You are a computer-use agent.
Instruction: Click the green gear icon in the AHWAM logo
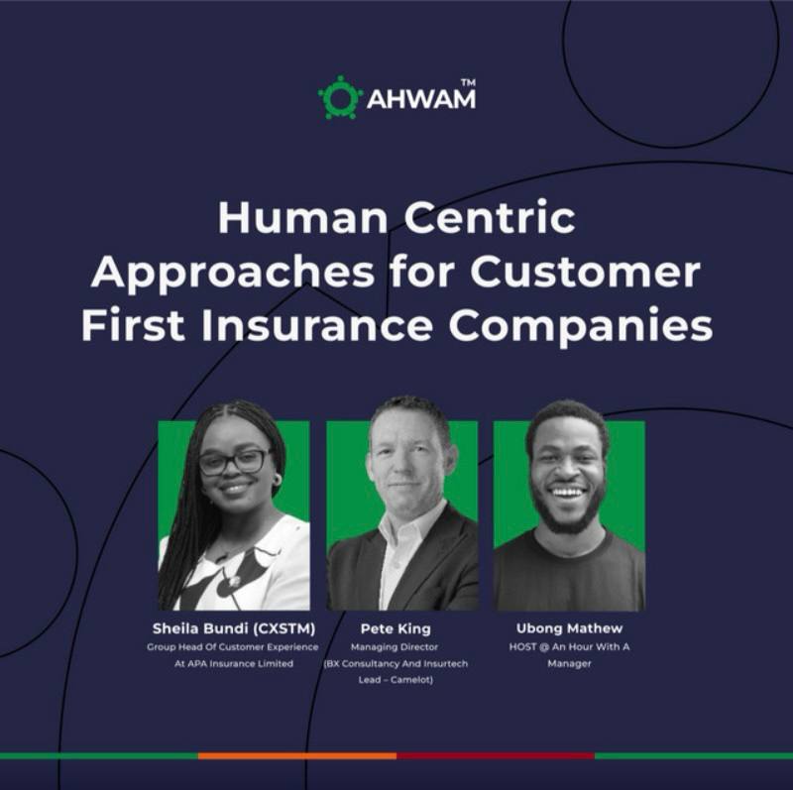(x=340, y=97)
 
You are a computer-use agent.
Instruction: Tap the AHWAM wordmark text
(x=420, y=99)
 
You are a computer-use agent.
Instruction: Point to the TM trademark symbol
(x=468, y=82)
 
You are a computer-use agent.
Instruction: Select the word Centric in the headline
(x=490, y=218)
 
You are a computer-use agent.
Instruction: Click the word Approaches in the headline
(x=233, y=275)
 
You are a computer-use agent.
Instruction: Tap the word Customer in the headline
(x=585, y=273)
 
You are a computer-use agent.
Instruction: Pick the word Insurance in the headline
(x=316, y=326)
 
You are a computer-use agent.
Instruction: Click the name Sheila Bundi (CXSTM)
(x=234, y=628)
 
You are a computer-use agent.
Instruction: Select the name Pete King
(x=396, y=628)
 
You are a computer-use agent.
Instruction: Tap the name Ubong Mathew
(x=569, y=628)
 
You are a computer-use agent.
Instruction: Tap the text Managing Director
(x=395, y=647)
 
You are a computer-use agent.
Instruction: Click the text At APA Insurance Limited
(x=234, y=663)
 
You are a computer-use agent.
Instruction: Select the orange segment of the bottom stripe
(x=297, y=755)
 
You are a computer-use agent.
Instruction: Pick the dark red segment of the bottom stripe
(x=496, y=755)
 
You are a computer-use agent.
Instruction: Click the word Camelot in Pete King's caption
(x=410, y=680)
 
